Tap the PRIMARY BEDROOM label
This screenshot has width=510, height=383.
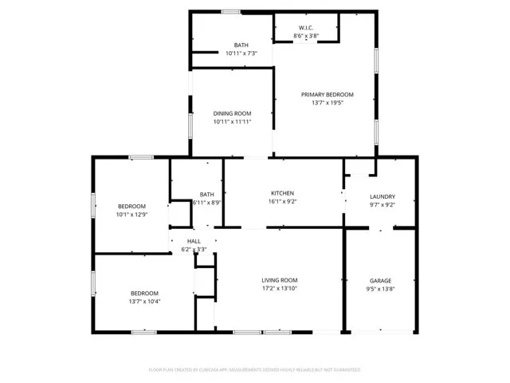[x=327, y=94]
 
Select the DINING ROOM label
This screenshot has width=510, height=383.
[x=232, y=113]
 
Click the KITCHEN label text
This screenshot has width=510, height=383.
[x=282, y=193]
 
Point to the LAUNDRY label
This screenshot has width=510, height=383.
[x=382, y=196]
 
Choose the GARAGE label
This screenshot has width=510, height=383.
[x=380, y=281]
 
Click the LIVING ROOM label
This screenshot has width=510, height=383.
[x=280, y=280]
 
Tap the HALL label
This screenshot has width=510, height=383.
[x=194, y=241]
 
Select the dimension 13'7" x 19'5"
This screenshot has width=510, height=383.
[x=327, y=103]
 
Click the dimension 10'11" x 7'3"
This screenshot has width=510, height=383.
[x=241, y=53]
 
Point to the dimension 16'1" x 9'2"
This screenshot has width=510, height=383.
[x=282, y=202]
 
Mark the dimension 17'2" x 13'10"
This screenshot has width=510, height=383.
[x=280, y=289]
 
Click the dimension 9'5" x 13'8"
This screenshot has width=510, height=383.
[x=380, y=290]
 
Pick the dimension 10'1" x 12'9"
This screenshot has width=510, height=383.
[x=131, y=214]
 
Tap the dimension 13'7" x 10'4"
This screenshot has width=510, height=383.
[x=144, y=302]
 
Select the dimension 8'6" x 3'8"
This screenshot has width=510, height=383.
[x=306, y=36]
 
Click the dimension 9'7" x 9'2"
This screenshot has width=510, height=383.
[x=382, y=205]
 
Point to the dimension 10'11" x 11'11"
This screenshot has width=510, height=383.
[x=232, y=122]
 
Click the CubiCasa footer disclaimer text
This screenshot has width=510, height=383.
[x=255, y=369]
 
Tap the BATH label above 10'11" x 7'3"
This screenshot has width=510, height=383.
[x=241, y=45]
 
